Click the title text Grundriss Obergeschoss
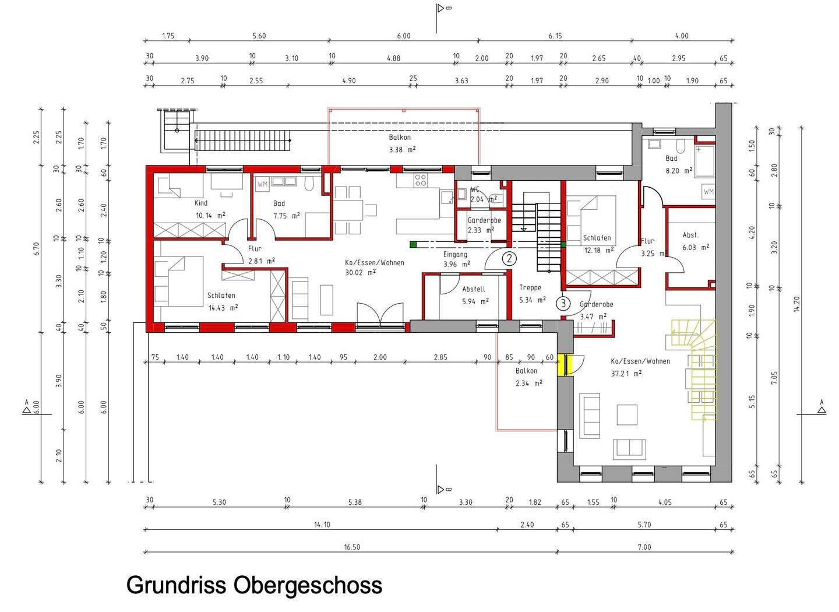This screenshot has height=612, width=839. coord(254,585)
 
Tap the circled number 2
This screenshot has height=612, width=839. coord(509,258)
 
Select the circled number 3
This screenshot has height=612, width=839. coord(563,303)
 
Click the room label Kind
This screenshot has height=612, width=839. coord(201,203)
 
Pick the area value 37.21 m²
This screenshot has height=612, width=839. coord(626,373)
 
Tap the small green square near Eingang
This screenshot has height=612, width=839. coord(413,244)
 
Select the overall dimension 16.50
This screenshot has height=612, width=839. coord(352,547)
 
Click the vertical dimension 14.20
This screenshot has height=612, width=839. coord(796,304)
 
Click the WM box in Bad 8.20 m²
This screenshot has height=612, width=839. coord(708,191)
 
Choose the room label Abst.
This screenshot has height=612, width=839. coord(690,235)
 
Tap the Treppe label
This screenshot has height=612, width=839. coord(530,287)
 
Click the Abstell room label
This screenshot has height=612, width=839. coord(473,289)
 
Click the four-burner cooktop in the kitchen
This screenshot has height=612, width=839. coord(420,181)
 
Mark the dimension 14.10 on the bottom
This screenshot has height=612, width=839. coord(322,525)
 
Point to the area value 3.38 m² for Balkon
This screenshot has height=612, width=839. coord(403,149)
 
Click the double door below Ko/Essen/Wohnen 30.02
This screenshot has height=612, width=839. coord(380,315)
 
